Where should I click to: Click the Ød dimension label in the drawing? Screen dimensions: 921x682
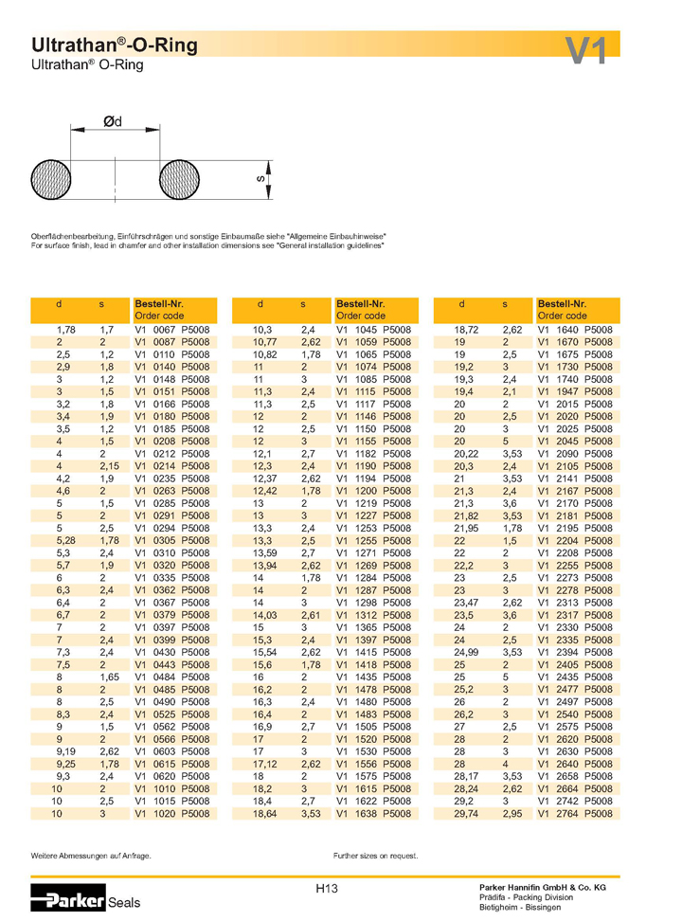pos(113,121)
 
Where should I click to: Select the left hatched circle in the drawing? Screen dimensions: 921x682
pos(50,178)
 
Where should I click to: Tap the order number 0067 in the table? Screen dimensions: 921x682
pos(165,330)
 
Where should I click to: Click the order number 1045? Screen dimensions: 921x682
pos(366,330)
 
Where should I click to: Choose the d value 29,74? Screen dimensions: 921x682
pos(466,813)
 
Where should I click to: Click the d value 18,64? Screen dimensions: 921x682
pos(264,813)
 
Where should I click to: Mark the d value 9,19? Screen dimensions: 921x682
pos(64,751)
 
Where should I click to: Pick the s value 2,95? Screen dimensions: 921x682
pos(512,813)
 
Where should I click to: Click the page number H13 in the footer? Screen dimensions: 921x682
pos(327,889)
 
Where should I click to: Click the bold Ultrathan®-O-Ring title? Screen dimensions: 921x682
pos(115,45)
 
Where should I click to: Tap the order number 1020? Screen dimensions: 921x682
pos(165,813)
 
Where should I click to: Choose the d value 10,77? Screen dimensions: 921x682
pos(264,342)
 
